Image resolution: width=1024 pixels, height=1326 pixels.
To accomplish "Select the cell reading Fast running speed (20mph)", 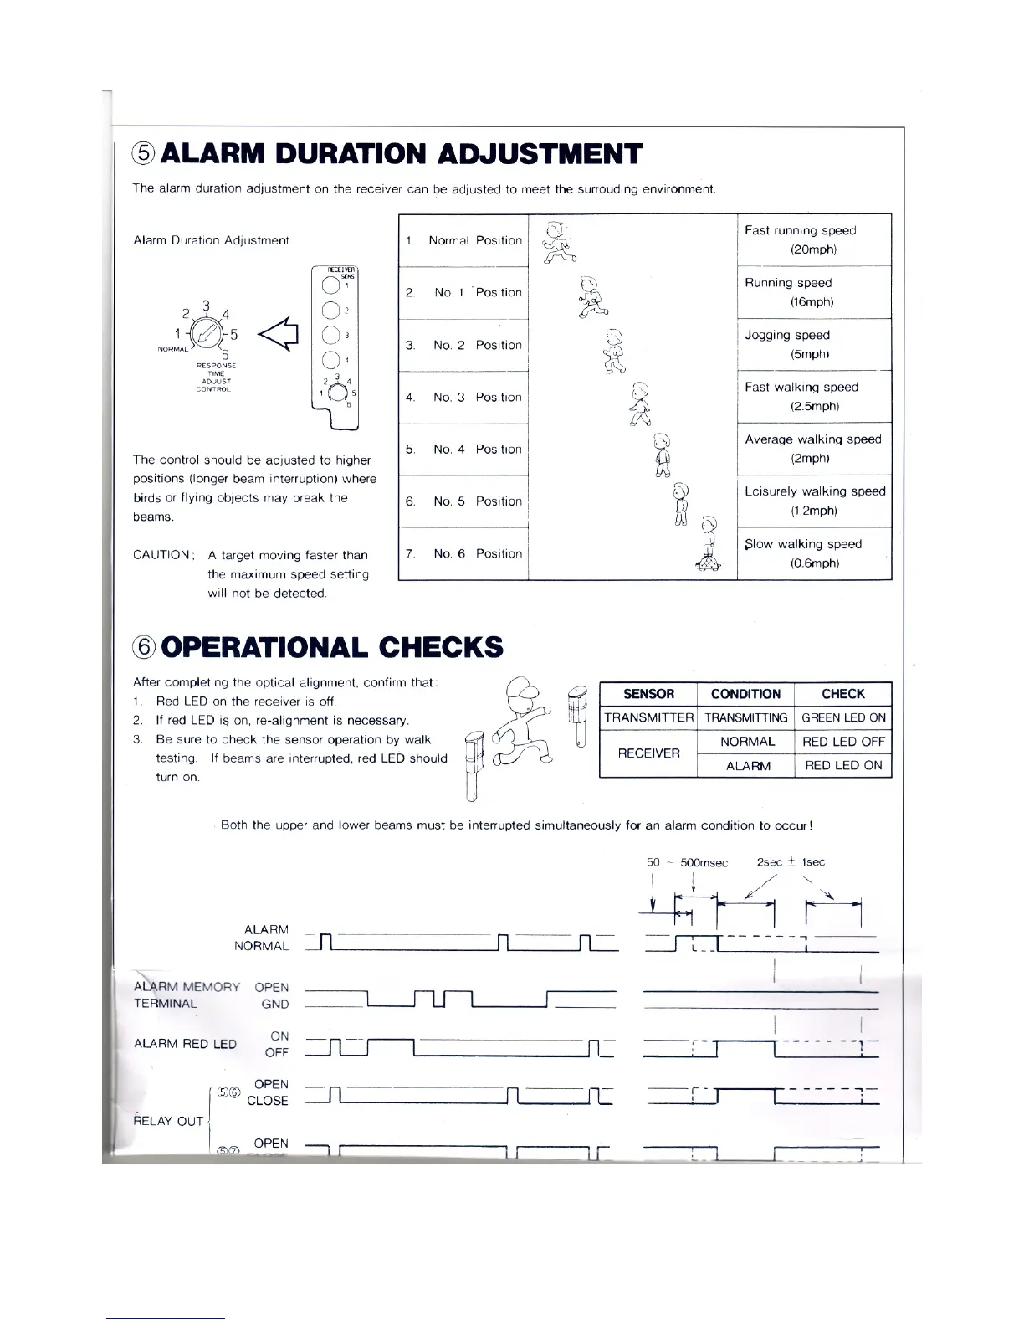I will pos(813,240).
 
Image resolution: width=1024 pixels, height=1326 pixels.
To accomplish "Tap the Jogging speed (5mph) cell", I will pos(813,345).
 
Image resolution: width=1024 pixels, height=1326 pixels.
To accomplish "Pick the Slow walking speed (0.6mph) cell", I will pos(813,553).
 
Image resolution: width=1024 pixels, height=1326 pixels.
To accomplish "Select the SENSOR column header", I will pos(648,694).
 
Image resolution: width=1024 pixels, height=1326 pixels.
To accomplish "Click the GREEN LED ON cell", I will pos(842,717).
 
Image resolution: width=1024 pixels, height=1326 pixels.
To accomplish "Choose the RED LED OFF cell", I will pos(842,742).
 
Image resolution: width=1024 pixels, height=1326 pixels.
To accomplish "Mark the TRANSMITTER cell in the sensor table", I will pos(648,717).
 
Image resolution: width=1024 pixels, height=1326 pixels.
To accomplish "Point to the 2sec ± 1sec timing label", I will pos(791,862).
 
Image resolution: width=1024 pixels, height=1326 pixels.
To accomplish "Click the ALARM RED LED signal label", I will pos(185,1044).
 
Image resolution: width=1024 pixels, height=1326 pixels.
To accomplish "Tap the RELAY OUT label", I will pos(168,1121).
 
